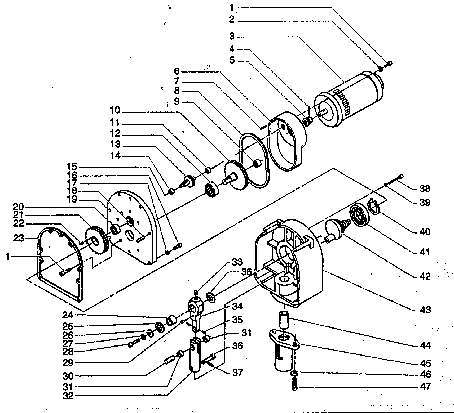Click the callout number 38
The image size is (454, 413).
(425, 189)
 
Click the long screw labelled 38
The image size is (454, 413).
(395, 180)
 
